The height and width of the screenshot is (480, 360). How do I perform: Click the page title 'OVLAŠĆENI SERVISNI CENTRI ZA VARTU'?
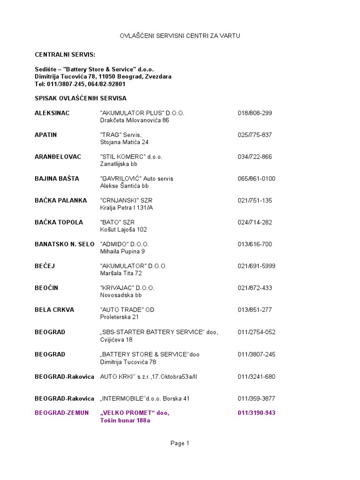[180, 36]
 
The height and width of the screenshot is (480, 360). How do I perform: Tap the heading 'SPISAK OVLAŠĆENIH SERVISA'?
[80, 98]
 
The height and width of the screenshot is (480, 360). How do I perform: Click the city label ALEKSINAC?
[52, 113]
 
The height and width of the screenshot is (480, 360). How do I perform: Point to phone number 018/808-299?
[255, 113]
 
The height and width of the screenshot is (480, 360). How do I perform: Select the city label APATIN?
[46, 135]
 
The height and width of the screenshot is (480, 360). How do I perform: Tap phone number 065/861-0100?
[256, 179]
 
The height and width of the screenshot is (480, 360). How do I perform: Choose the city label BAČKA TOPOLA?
[59, 222]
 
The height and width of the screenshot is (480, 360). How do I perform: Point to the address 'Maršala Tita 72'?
[121, 273]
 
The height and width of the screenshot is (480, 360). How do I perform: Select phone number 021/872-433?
[255, 288]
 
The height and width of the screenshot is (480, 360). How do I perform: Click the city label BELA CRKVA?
[54, 310]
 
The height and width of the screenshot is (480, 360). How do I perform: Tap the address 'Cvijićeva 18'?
[116, 339]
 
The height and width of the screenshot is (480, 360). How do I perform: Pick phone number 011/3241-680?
[256, 376]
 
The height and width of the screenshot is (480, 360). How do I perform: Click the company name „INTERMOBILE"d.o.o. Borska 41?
[145, 398]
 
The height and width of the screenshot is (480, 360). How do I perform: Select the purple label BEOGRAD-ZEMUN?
[61, 412]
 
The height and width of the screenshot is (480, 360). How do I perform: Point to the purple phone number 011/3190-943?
[256, 412]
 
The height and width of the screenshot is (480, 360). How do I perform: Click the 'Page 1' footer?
[180, 443]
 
